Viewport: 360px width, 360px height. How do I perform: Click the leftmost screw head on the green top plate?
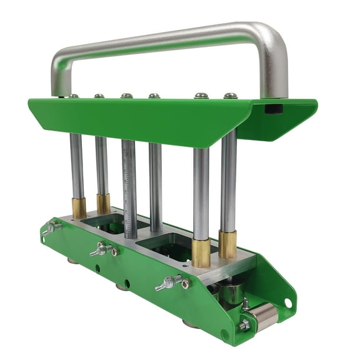pos(74,96)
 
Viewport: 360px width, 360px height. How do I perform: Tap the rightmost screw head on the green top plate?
pos(231,96)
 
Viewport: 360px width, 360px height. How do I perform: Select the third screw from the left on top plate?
pos(127,96)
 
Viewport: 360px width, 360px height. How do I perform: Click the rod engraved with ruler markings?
pos(130,187)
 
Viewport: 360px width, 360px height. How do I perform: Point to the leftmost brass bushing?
pos(79,208)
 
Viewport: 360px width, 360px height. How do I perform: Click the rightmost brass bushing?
pos(227,244)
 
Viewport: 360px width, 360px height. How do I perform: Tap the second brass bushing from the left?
pos(103,204)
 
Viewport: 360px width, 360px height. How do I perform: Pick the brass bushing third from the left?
pos(201,252)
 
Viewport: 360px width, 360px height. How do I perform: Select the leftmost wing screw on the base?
pos(50,228)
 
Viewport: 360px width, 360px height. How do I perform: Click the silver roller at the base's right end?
pos(264,317)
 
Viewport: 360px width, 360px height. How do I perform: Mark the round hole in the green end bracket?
pos(287,302)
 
